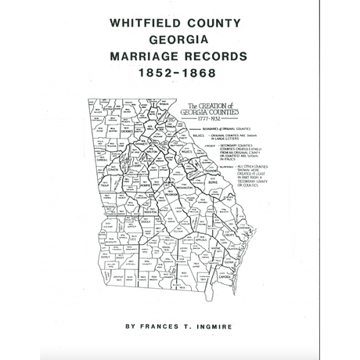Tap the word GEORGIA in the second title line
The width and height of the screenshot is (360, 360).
pos(179,40)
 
